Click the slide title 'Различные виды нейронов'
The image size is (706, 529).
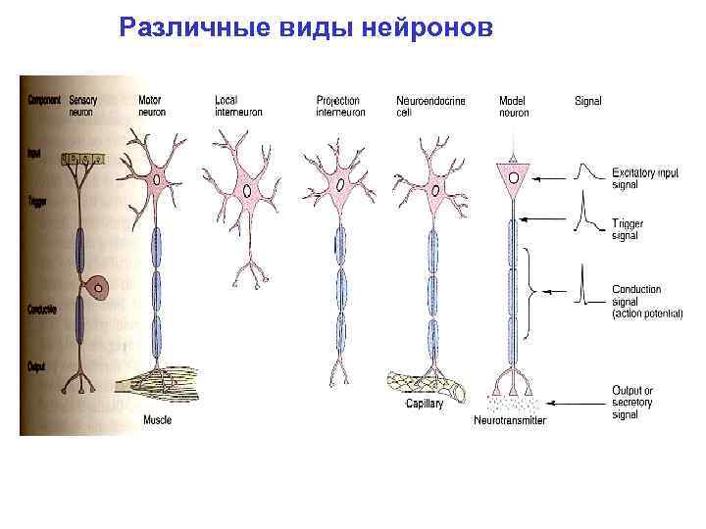[305, 27]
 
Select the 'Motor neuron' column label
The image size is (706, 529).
[151, 106]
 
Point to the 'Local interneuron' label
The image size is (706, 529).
[239, 106]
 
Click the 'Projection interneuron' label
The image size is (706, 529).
[340, 106]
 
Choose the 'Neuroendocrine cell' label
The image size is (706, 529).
[430, 106]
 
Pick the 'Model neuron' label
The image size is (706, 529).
[514, 106]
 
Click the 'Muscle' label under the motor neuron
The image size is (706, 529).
[157, 420]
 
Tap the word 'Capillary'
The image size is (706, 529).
[424, 404]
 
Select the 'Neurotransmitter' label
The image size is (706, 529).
[510, 421]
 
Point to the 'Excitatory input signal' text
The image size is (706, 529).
[644, 178]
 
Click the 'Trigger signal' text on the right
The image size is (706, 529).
[628, 229]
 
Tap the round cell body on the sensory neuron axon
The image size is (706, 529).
[98, 288]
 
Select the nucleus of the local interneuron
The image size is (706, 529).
[247, 191]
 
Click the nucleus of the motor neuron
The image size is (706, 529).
[158, 179]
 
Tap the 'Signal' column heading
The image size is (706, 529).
[588, 100]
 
